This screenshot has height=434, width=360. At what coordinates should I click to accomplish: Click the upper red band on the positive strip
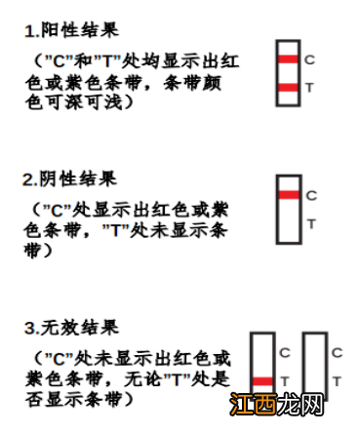[x=288, y=60]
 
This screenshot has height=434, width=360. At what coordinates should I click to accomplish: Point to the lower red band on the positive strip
[x=288, y=89]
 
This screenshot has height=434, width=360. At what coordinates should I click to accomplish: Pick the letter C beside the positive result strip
[x=309, y=59]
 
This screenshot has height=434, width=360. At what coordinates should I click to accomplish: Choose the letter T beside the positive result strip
[x=309, y=89]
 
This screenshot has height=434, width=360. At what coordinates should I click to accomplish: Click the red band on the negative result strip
[x=288, y=195]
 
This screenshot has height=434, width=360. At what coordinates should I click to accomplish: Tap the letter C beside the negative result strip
[x=311, y=195]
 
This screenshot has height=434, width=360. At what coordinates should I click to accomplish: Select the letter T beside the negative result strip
[x=311, y=223]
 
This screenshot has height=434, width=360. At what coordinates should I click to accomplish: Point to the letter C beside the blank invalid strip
[x=337, y=353]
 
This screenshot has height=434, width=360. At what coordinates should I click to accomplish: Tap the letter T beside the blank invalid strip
[x=337, y=380]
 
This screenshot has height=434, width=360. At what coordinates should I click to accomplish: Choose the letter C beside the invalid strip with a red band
[x=284, y=353]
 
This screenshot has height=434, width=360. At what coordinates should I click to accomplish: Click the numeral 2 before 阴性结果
[x=29, y=179]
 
